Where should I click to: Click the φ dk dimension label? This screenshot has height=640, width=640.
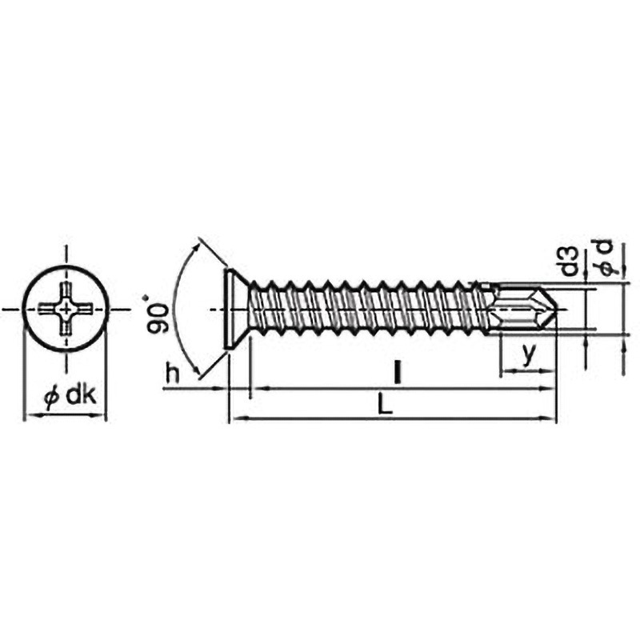coord(70,397)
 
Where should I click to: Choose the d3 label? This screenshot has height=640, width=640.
coord(569,262)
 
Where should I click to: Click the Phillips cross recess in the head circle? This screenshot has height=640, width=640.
coord(66,308)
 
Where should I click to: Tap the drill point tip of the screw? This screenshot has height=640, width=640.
coord(554,308)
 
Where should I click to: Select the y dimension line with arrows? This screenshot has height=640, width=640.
coord(527,371)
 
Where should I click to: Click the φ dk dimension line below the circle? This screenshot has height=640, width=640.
coord(66,416)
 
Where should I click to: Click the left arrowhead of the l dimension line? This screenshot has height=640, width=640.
coord(256,389)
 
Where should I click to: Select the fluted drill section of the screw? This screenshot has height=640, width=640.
coord(520,308)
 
